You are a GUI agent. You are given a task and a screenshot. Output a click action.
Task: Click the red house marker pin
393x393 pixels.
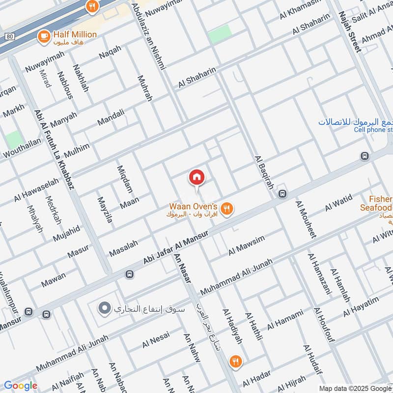[196, 177]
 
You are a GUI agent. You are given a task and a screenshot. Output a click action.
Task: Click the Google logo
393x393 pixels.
[21, 386]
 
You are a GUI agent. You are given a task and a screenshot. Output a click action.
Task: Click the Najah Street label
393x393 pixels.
[349, 32]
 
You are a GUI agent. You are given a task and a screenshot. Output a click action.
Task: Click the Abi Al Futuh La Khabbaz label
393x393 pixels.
[54, 149]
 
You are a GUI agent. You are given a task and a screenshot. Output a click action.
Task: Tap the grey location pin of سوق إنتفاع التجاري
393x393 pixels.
[104, 309]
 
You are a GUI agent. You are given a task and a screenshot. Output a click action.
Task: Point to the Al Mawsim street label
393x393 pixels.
[247, 246]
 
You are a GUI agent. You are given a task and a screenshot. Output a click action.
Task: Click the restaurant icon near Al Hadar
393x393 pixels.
[236, 362]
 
